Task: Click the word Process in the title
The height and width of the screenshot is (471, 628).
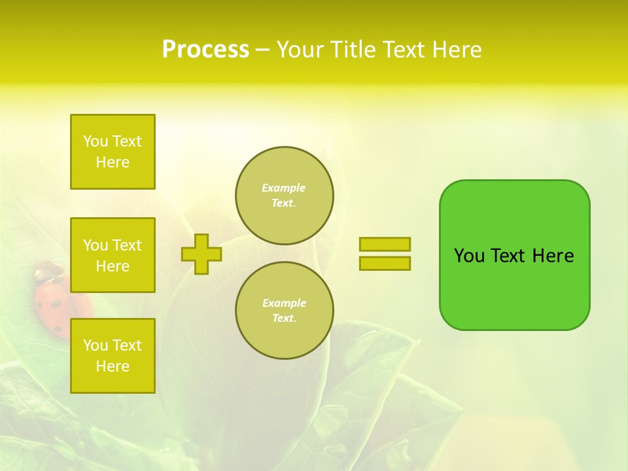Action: click(x=205, y=50)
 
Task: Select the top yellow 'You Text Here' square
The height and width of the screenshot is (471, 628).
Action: click(x=113, y=152)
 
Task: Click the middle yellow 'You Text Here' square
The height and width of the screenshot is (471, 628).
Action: click(x=113, y=255)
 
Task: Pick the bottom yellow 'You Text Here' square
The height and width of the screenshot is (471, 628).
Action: click(x=113, y=356)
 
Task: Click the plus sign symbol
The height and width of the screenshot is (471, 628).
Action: click(x=201, y=254)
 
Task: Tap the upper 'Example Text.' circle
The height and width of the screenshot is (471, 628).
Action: click(x=285, y=196)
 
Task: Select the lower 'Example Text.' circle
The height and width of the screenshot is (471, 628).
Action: click(x=285, y=311)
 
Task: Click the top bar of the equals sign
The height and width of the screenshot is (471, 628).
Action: click(x=385, y=244)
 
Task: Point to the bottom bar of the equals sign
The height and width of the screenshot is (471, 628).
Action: click(x=385, y=263)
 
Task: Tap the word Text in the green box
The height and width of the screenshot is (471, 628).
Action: click(x=509, y=256)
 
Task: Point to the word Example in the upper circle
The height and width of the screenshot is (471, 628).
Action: click(x=284, y=188)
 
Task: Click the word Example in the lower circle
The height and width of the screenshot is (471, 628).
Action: click(x=284, y=303)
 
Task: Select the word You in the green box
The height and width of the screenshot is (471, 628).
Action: click(x=469, y=256)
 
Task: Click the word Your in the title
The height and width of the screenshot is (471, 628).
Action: click(x=299, y=50)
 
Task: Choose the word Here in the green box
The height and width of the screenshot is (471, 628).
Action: click(x=553, y=256)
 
